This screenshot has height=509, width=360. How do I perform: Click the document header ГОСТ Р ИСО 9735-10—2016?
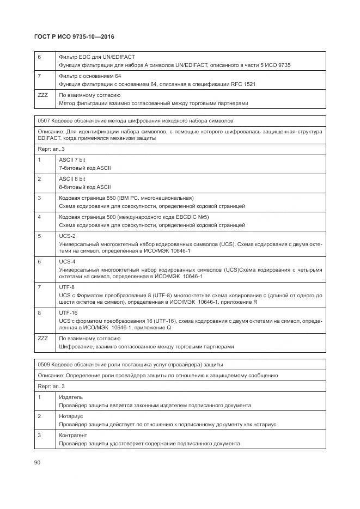point(74,37)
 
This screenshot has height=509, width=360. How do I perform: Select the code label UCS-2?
point(67,236)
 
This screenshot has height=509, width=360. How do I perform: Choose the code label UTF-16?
point(68,312)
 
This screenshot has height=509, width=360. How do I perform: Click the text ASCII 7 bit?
point(72,160)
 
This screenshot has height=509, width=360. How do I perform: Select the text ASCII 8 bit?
point(72,179)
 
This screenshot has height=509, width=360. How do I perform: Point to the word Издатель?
point(70,397)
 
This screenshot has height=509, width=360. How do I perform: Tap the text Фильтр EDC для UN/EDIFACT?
point(96,57)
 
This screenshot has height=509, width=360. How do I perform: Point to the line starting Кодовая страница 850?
point(126,198)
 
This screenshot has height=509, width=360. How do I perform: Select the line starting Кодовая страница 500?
point(134,217)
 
